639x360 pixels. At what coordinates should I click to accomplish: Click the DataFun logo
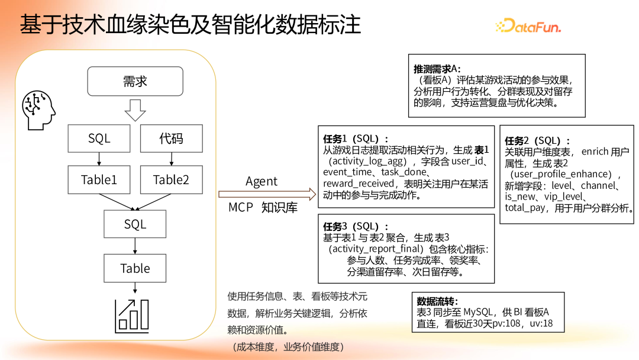pyautogui.click(x=528, y=25)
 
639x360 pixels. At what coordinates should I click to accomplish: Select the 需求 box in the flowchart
pyautogui.click(x=135, y=81)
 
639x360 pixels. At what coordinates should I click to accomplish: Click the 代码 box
pyautogui.click(x=171, y=139)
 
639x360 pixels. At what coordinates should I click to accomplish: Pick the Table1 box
pyautogui.click(x=99, y=180)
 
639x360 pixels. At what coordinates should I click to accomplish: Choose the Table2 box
pyautogui.click(x=171, y=180)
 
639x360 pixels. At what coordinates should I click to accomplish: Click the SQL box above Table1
pyautogui.click(x=99, y=139)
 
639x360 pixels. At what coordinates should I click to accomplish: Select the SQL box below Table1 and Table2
pyautogui.click(x=135, y=224)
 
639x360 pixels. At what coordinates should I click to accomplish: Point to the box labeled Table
pyautogui.click(x=135, y=268)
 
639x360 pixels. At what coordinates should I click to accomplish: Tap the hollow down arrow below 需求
pyautogui.click(x=135, y=110)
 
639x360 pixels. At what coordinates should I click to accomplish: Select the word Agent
pyautogui.click(x=262, y=182)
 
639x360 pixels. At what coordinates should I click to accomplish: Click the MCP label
pyautogui.click(x=241, y=208)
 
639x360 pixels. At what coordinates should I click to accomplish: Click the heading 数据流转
pyautogui.click(x=437, y=301)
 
